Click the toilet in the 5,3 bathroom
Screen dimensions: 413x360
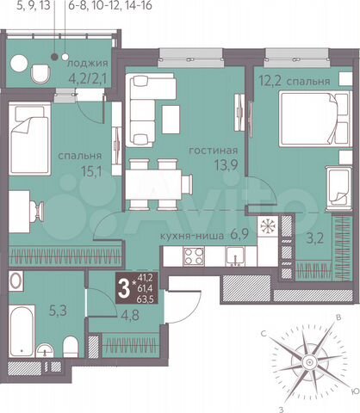(x=72, y=346)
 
